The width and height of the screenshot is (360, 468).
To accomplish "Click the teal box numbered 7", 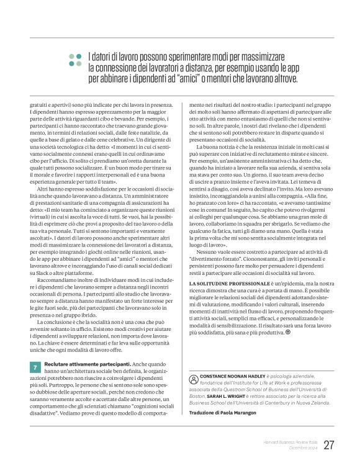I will click(35, 367).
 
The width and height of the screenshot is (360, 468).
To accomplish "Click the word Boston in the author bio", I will click(198, 396).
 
